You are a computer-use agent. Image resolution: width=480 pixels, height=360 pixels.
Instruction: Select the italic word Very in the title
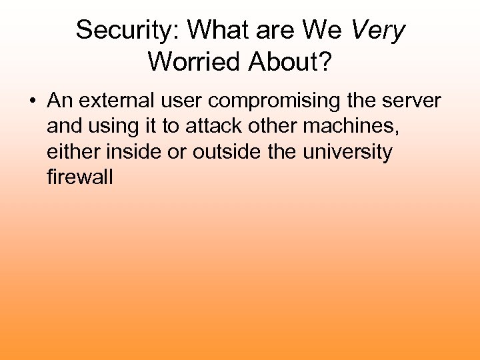[377, 30]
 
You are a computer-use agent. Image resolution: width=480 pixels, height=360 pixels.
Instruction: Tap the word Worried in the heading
[195, 61]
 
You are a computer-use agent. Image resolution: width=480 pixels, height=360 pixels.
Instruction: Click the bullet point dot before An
[32, 102]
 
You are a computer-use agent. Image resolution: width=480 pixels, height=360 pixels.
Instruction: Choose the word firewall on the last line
[80, 177]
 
